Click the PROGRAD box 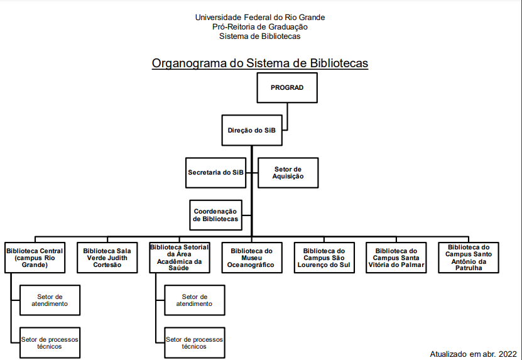[x=286, y=87]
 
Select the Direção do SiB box [x=251, y=130]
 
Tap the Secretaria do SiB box [x=215, y=172]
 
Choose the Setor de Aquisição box [x=288, y=172]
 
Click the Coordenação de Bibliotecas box [x=215, y=215]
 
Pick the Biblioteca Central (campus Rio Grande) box [x=35, y=258]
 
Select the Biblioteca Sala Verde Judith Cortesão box [x=107, y=258]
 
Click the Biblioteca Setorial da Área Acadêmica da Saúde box [x=179, y=258]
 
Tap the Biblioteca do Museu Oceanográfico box [x=251, y=258]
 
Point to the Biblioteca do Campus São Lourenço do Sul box [x=324, y=258]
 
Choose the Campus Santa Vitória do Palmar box [x=396, y=258]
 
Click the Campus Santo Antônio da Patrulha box [x=469, y=258]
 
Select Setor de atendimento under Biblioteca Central [x=50, y=300]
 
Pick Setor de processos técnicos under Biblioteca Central [x=50, y=342]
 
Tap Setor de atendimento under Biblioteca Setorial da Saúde [x=193, y=300]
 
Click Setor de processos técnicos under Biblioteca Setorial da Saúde [x=193, y=342]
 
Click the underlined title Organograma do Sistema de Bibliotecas [x=260, y=63]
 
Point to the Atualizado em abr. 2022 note [x=473, y=354]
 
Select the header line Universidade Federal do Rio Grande [x=260, y=18]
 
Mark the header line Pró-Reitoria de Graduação [x=260, y=27]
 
